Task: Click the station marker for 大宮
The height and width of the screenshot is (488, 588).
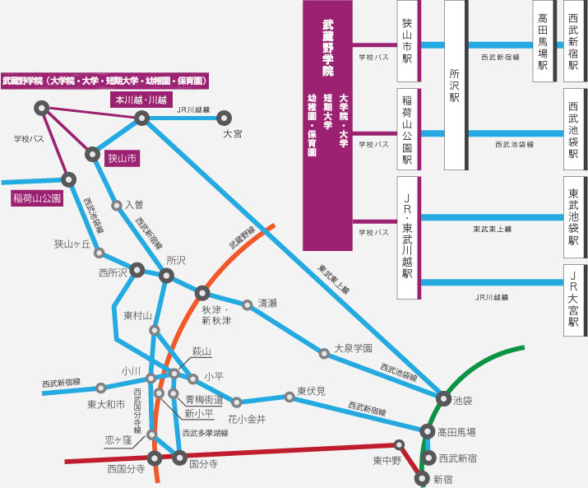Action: pos(224,119)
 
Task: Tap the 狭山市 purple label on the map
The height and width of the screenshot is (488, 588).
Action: pos(122,158)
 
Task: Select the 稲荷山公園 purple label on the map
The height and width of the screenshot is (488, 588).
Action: pos(37,198)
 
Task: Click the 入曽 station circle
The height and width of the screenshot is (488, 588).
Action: pos(117,206)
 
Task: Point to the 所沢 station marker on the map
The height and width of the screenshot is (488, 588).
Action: pos(166,276)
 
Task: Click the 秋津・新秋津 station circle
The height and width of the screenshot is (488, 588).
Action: pos(202,293)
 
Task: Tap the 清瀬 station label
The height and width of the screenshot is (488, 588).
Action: pos(267,304)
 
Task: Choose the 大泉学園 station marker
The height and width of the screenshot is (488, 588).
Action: pos(324,353)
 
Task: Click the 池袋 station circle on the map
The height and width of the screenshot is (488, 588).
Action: pos(443,398)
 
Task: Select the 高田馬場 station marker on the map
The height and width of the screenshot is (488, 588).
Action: pos(427,432)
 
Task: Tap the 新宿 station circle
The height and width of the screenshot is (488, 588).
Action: pos(422,479)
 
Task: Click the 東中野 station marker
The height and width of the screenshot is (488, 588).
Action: pos(399,445)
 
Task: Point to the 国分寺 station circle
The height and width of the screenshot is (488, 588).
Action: pos(179,458)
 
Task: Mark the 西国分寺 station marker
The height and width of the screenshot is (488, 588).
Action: pos(155,458)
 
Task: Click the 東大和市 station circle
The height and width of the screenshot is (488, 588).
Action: pos(100,388)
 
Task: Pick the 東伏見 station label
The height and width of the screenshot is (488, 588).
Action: pos(311,391)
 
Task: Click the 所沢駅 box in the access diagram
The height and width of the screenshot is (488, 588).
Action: pos(456,85)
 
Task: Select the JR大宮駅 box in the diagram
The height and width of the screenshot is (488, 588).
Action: pos(575,300)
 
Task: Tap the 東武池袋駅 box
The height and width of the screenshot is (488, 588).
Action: pos(575,217)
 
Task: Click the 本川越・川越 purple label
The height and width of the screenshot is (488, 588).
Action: pos(141,100)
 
